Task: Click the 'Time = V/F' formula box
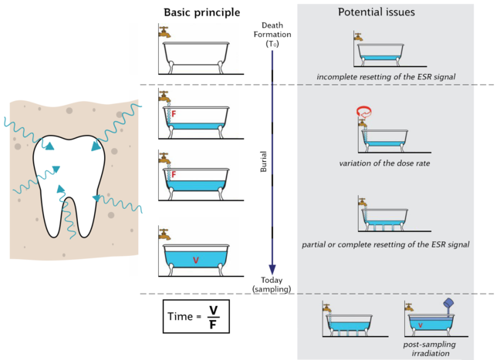tap(197, 316)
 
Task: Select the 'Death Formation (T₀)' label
tap(273, 35)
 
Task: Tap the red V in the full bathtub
tap(195, 261)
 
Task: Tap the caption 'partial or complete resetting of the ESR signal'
tap(387, 244)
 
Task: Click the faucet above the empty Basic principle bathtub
tap(164, 32)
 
